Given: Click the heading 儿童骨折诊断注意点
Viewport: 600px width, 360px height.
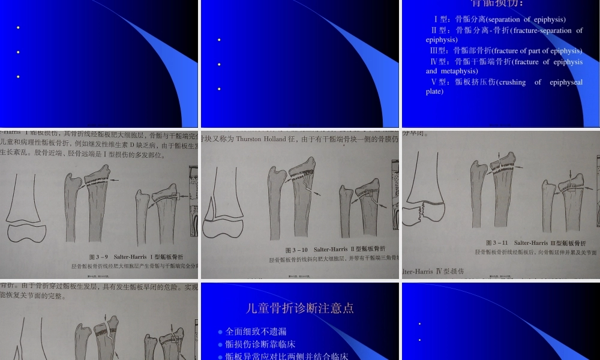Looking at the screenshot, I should click(x=300, y=308).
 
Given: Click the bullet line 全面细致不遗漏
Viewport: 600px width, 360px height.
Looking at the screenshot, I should click(x=256, y=331).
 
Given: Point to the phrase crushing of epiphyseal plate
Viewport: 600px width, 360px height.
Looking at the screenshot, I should click(x=504, y=87).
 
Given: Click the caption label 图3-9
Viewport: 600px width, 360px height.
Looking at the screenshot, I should click(x=99, y=256).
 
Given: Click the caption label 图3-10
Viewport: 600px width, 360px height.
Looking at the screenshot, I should click(x=296, y=250).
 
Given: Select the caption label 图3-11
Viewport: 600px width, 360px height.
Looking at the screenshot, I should click(x=497, y=243).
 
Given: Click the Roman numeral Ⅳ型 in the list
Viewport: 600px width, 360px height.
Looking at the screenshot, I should click(x=440, y=62).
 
